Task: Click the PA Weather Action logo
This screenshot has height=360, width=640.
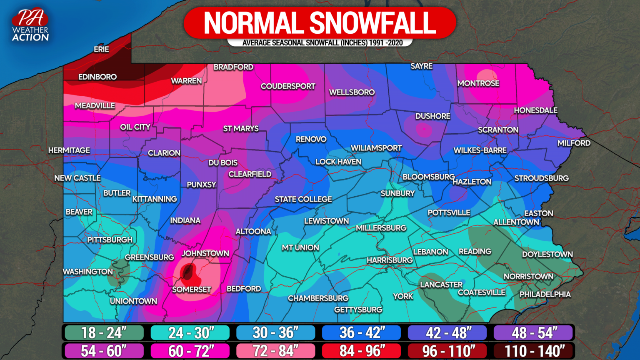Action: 30,25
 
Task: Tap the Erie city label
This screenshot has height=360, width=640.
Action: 101,49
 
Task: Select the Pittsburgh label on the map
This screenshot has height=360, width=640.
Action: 110,240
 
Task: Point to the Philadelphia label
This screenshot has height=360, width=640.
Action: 545,294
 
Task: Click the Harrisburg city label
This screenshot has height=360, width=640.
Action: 390,260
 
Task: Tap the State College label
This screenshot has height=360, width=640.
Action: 303,199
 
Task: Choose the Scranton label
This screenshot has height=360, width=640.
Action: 498,130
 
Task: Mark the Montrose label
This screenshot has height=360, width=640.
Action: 478,83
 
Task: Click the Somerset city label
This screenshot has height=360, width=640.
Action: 192,289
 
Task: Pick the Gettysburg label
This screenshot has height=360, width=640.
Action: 358,310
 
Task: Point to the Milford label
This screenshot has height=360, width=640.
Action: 574,143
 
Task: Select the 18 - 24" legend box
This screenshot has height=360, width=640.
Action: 103,332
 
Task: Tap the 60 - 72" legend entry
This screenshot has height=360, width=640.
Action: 190,351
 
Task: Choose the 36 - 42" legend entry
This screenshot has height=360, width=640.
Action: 361,332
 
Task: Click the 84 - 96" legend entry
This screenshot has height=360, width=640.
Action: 361,351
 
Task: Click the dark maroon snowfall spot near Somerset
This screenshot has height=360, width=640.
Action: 187,272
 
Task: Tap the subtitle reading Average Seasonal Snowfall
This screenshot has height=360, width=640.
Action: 320,42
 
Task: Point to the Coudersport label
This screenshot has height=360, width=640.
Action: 287,86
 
